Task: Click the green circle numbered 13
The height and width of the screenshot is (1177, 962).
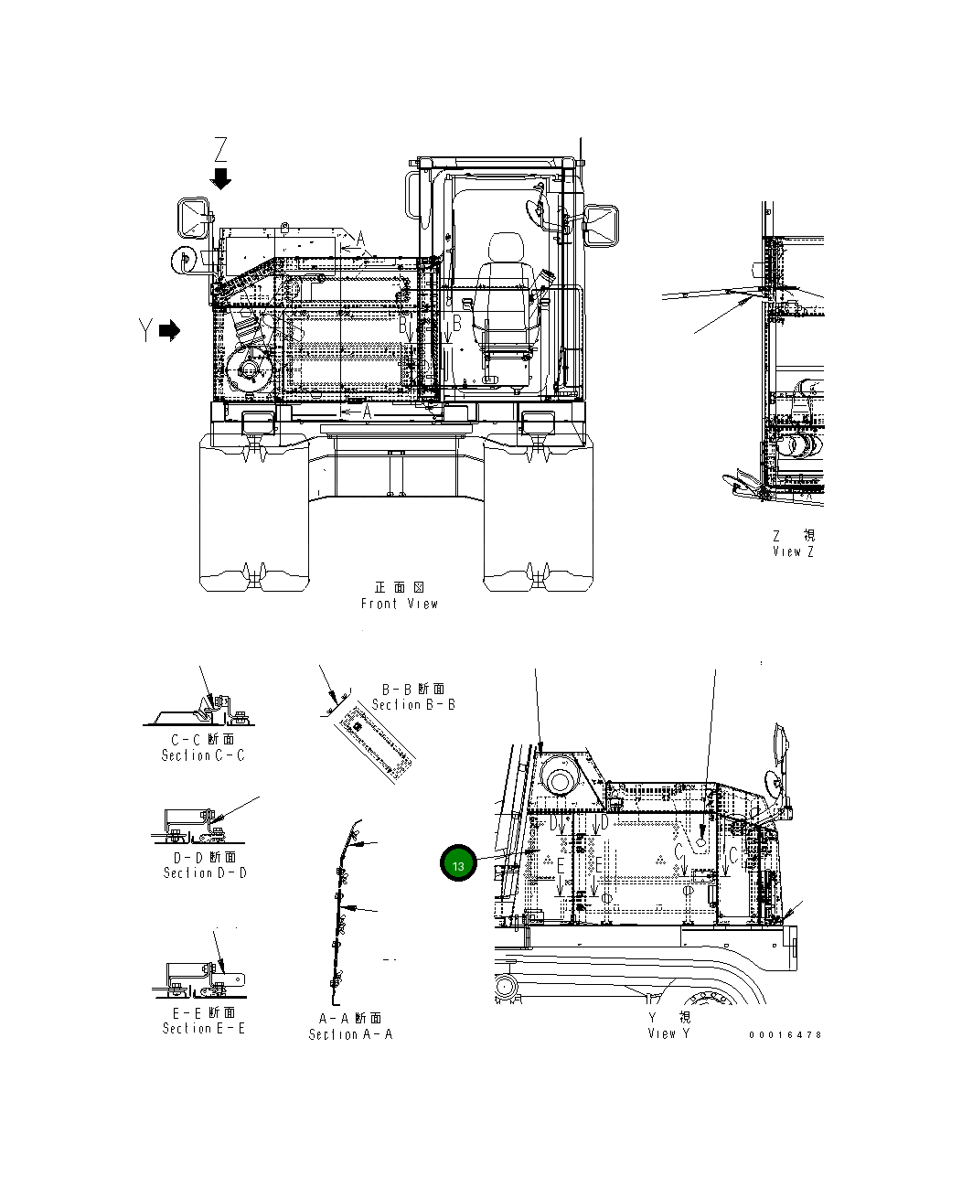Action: [x=458, y=864]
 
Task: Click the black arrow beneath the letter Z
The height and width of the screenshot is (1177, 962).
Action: [x=220, y=178]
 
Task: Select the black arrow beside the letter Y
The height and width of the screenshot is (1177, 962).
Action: [x=169, y=331]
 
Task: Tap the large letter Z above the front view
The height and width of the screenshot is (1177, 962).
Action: [x=220, y=149]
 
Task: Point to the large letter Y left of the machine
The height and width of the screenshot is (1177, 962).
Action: [x=145, y=331]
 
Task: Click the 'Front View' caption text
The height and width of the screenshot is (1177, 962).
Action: [x=400, y=604]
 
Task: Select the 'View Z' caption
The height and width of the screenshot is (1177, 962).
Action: [x=793, y=551]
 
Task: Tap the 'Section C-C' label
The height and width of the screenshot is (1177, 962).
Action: [x=203, y=755]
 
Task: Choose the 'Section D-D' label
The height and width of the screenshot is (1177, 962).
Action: [x=205, y=872]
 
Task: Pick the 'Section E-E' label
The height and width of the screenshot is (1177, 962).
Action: [x=204, y=1028]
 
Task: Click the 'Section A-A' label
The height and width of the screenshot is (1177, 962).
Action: [x=350, y=1034]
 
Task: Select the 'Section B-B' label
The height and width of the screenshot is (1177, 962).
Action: [x=413, y=704]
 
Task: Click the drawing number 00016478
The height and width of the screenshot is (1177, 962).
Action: [x=785, y=1035]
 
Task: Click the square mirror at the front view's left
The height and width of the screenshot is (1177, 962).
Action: [x=193, y=219]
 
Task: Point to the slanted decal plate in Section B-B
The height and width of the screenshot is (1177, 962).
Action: [x=374, y=745]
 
